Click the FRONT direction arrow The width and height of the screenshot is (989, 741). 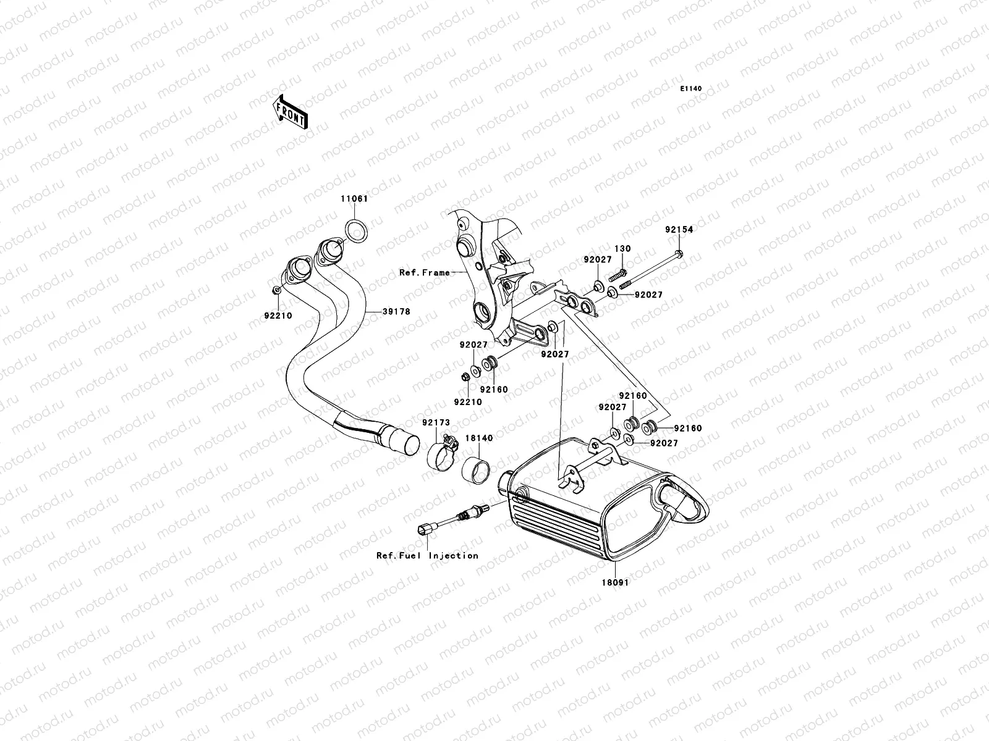pyautogui.click(x=291, y=112)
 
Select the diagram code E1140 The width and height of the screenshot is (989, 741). pyautogui.click(x=690, y=89)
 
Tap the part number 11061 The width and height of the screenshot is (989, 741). pyautogui.click(x=354, y=198)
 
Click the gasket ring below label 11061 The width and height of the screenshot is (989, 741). pyautogui.click(x=356, y=231)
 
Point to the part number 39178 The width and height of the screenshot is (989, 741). pyautogui.click(x=396, y=311)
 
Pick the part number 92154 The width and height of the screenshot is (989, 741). pyautogui.click(x=679, y=230)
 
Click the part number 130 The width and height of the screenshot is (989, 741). pyautogui.click(x=622, y=248)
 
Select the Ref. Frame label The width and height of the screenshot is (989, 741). pyautogui.click(x=425, y=273)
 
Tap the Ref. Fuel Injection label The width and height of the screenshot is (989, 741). pyautogui.click(x=427, y=556)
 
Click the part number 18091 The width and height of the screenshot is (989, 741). pyautogui.click(x=615, y=583)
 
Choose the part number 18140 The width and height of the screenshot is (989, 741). pyautogui.click(x=479, y=438)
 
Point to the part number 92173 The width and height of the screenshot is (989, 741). pyautogui.click(x=436, y=422)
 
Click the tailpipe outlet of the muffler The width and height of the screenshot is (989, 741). pyautogui.click(x=684, y=502)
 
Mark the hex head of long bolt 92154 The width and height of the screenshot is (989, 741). pyautogui.click(x=679, y=254)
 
